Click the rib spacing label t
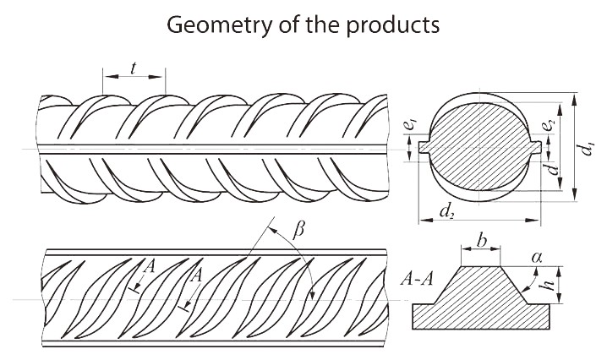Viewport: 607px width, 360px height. pos(134,71)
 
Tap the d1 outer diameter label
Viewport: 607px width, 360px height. pos(586,150)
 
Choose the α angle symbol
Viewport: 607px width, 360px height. pos(536,255)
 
